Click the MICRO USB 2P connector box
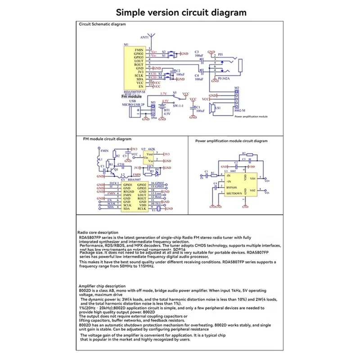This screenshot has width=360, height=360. pyautogui.click(x=135, y=112)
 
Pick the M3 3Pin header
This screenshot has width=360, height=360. pyautogui.click(x=153, y=109)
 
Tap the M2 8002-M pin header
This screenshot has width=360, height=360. pyautogui.click(x=236, y=100)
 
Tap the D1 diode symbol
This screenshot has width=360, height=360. pyautogui.click(x=157, y=171)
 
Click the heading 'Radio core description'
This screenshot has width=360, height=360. pyautogui.click(x=99, y=232)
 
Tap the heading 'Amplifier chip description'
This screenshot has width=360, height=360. pyautogui.click(x=102, y=286)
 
